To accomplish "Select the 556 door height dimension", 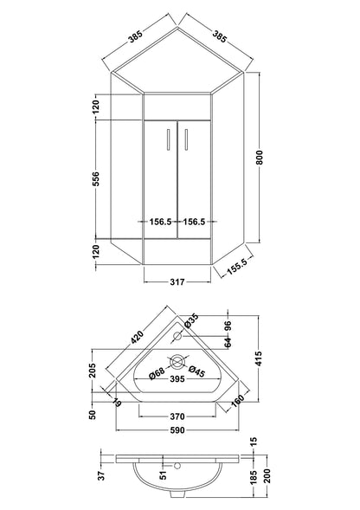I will click(97, 178).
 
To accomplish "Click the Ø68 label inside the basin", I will click(157, 373).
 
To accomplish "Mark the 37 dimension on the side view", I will click(100, 474).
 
